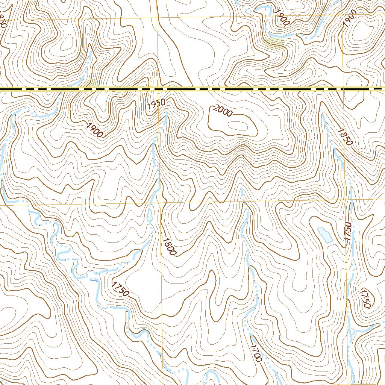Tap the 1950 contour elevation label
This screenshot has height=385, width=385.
pos(156,104)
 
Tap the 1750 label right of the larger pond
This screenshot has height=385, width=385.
pos(347,232)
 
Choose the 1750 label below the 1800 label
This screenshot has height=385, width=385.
pos(120,288)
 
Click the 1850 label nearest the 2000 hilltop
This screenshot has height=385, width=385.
pos(344,137)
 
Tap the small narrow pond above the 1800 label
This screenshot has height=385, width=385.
pos(150,215)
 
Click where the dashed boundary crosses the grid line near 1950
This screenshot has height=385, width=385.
pos(158,89)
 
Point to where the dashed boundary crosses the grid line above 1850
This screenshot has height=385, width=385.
pos(343,89)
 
